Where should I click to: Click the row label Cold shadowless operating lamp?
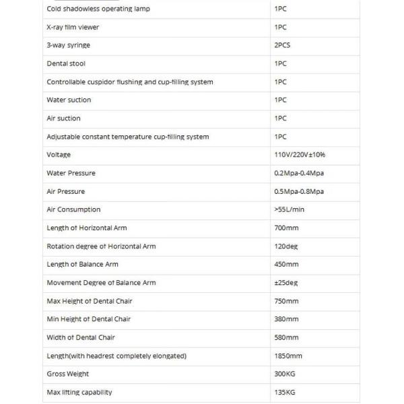98,9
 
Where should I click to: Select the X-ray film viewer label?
73,27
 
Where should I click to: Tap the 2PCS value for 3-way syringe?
283,45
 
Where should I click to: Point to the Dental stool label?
65,63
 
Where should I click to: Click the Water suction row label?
69,100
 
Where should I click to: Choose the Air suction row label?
63,119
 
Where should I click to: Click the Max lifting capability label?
79,392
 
